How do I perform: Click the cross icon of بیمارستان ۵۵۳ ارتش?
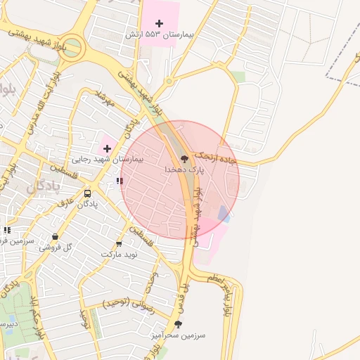click(159, 23)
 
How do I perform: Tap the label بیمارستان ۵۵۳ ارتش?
click(150, 34)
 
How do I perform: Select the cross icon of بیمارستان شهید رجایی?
click(107, 148)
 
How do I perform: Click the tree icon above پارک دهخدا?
click(185, 159)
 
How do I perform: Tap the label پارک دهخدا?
click(185, 170)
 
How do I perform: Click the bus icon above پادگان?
click(87, 193)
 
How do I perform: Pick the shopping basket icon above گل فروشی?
click(56, 237)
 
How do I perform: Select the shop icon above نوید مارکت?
click(118, 243)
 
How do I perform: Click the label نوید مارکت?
click(117, 253)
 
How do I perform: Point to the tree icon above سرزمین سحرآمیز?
click(178, 325)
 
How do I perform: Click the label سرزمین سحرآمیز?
click(178, 335)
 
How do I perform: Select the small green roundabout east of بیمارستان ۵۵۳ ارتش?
click(168, 80)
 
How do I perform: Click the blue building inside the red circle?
click(224, 213)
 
